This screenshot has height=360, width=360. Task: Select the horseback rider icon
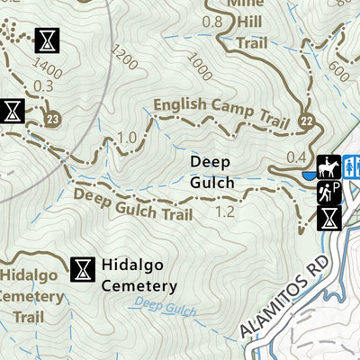(328, 166)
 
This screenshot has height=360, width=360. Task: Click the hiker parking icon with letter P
(328, 191)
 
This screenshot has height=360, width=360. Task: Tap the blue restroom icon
(352, 166)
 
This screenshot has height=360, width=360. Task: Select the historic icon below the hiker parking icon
(329, 217)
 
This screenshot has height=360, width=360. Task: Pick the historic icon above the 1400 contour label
(45, 40)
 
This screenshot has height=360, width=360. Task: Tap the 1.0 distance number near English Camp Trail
(128, 137)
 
